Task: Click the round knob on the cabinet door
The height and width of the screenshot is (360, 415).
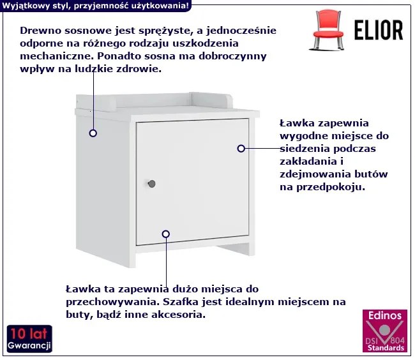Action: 152,184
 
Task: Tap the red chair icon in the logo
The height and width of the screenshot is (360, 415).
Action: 328,30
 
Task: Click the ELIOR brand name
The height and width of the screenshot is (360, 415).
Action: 379,30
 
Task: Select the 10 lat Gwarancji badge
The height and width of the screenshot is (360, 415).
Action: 29,339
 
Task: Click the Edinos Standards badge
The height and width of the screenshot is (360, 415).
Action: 385,331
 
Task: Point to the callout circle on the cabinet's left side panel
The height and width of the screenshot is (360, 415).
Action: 93,133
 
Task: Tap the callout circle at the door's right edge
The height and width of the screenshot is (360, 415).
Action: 241,148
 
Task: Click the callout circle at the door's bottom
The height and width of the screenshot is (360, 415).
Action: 166,234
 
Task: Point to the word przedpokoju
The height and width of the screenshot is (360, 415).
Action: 331,187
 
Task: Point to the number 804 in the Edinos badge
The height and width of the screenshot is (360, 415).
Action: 397,340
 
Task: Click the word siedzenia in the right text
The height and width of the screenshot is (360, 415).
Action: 305,149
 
